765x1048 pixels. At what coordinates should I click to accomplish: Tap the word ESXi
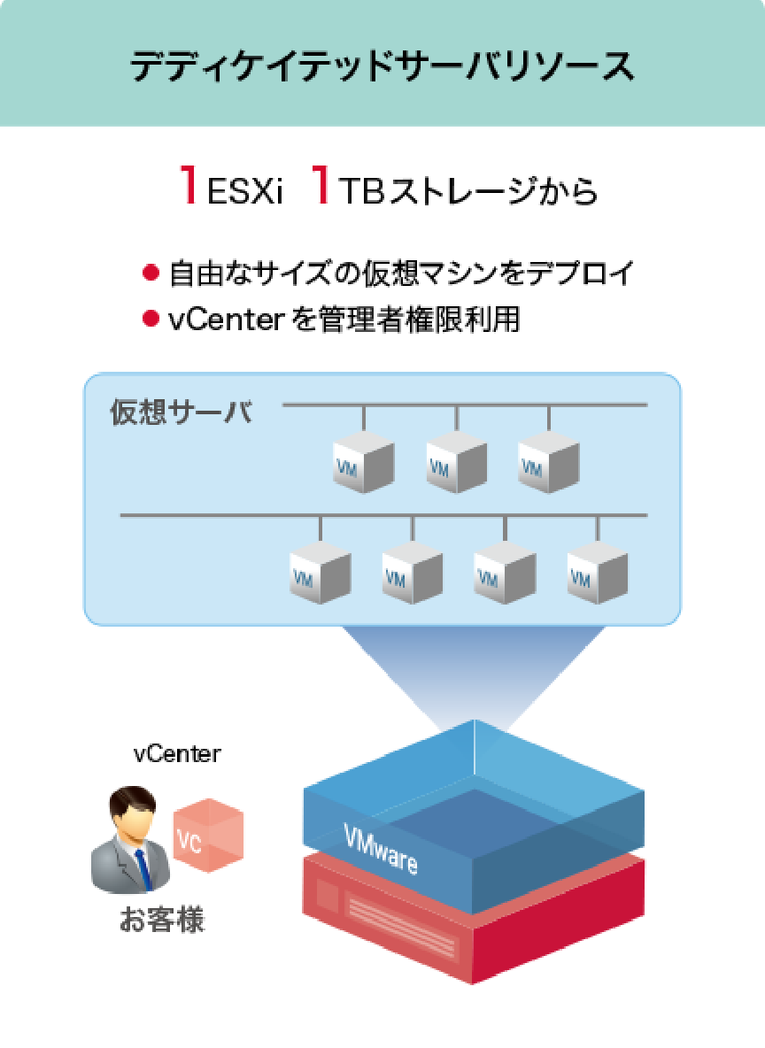pos(244,191)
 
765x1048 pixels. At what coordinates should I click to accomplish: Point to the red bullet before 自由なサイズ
pos(151,273)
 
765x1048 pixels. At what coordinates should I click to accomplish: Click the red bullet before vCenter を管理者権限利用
pos(151,319)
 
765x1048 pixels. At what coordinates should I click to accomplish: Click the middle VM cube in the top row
pos(455,462)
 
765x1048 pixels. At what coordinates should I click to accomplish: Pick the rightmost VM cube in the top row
pos(547,462)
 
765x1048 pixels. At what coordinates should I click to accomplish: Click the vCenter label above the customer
pos(177,754)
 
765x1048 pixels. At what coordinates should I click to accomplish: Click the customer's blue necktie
pos(143,868)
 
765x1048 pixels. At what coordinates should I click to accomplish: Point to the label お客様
pos(162,920)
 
